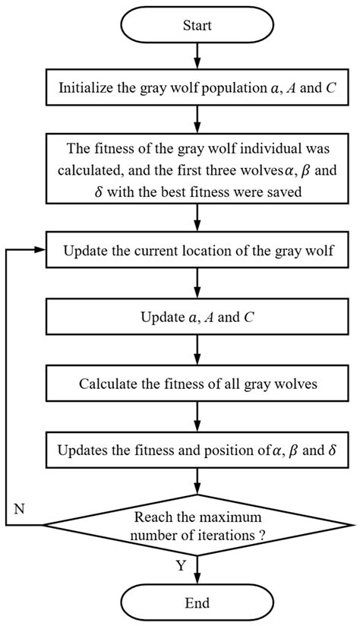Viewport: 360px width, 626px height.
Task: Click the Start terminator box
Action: point(197,26)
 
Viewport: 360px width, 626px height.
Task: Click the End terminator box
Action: point(197,603)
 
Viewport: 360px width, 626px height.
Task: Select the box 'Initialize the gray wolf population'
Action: point(197,88)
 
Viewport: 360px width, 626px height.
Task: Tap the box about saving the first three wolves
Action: point(197,172)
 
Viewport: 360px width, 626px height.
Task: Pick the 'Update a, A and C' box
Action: point(197,317)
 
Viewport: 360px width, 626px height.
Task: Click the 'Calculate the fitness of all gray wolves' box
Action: point(197,383)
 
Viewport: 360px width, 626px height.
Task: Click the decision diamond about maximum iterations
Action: point(197,525)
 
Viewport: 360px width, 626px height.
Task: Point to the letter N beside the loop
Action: point(20,510)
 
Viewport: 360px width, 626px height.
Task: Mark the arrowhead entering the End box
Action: point(197,579)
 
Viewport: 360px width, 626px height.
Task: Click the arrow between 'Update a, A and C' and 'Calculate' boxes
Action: point(197,349)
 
